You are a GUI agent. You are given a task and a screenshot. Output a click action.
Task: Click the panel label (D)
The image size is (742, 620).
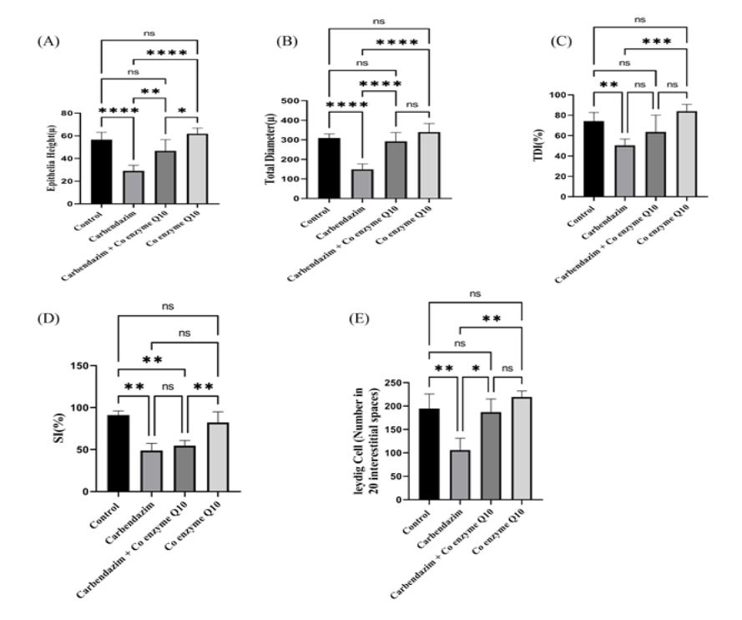tap(43, 318)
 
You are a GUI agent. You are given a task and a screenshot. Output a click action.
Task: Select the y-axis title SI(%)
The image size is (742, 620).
tap(61, 429)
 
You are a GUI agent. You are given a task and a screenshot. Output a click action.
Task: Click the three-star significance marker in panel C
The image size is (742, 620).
tap(656, 40)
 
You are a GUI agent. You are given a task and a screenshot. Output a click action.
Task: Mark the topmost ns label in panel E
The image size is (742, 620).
tap(476, 293)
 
